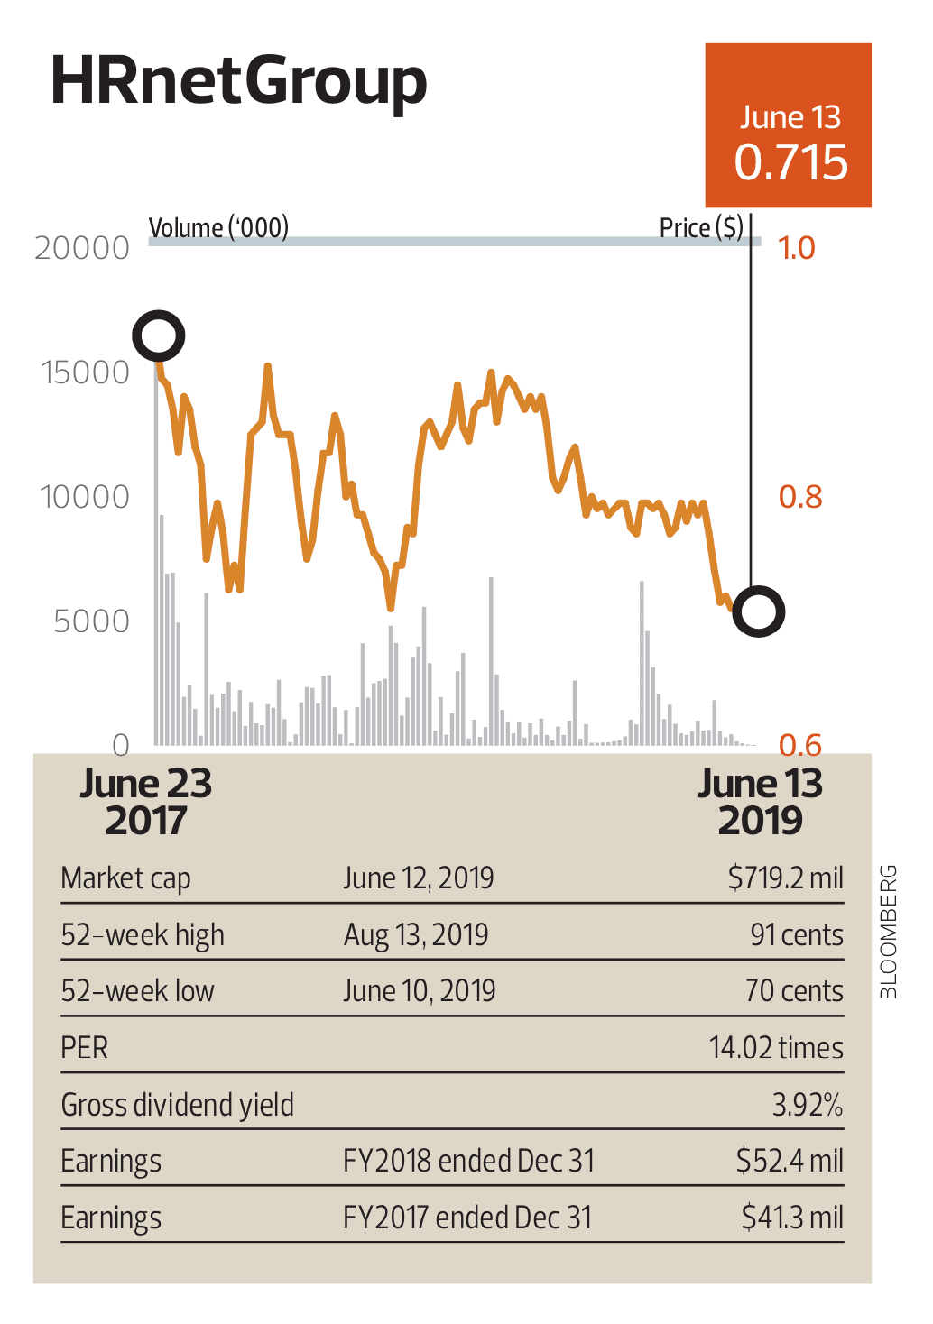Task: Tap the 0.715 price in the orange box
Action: pos(790,162)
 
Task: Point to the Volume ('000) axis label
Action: pos(218,228)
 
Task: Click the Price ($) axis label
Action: pos(701,228)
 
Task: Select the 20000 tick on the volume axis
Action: pos(82,248)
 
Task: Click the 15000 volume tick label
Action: pos(86,372)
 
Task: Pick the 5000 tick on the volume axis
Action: pos(91,621)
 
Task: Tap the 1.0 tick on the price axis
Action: pos(797,248)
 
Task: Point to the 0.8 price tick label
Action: pos(800,497)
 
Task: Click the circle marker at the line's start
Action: pos(159,336)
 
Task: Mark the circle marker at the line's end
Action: pos(759,611)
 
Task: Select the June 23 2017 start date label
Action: pos(146,802)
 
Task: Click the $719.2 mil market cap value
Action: pos(785,878)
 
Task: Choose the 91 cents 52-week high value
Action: pos(796,934)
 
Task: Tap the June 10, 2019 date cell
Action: pos(419,991)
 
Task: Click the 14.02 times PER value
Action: pos(776,1048)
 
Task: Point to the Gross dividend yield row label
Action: pos(177,1105)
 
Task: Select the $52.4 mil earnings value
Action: pos(790,1161)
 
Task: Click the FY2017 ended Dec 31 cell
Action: pos(467,1218)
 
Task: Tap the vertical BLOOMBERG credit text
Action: pos(889,932)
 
